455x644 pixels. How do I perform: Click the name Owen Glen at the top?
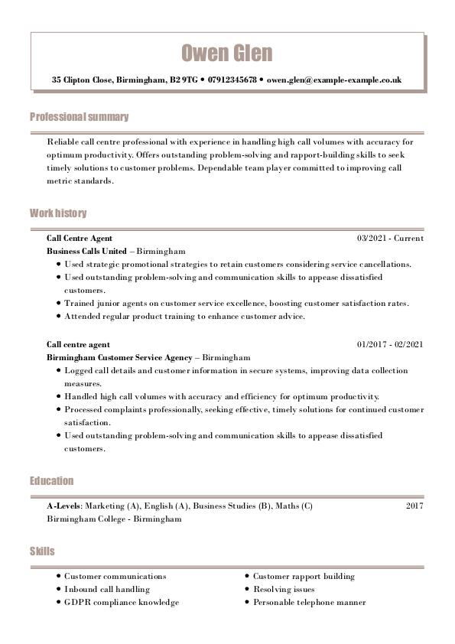click(226, 53)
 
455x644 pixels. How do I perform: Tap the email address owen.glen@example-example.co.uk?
click(334, 80)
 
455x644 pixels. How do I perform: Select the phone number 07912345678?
click(232, 80)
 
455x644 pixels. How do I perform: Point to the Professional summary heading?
click(79, 117)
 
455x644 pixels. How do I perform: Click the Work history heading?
click(58, 213)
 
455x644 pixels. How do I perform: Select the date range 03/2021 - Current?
click(390, 238)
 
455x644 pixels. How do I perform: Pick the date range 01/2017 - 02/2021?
click(390, 345)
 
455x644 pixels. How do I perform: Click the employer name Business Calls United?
click(86, 251)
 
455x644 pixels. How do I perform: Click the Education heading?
click(52, 481)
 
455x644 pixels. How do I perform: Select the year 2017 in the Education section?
click(414, 506)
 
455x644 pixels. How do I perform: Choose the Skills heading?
click(42, 551)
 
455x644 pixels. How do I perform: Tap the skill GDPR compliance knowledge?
click(121, 602)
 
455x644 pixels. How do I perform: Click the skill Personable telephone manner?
click(309, 602)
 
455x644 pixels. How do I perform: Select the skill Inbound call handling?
click(106, 589)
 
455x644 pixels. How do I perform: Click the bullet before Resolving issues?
click(247, 590)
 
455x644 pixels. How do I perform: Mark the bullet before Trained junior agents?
click(58, 304)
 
